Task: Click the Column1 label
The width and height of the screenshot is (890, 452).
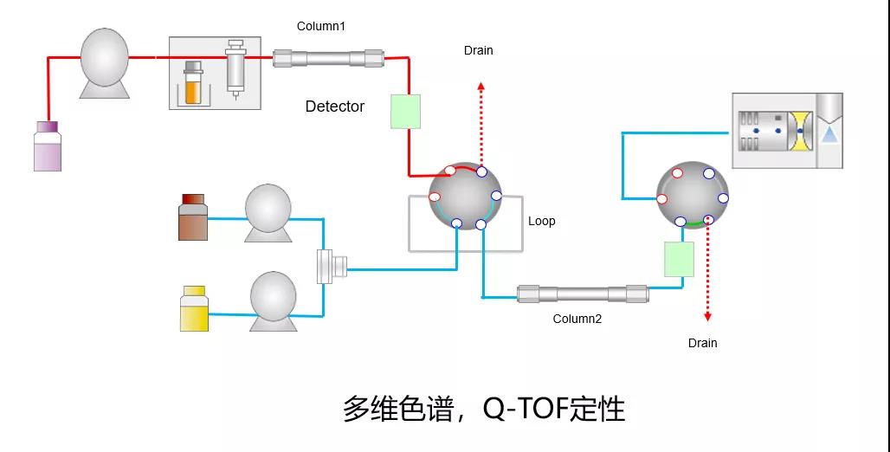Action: [x=321, y=26]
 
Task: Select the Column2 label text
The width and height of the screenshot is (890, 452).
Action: [x=577, y=319]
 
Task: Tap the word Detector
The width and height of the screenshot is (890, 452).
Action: [x=335, y=107]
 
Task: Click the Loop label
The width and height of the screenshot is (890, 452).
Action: [x=542, y=221]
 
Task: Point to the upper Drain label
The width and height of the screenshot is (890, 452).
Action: [x=478, y=50]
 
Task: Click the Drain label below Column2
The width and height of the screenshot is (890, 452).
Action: [x=702, y=343]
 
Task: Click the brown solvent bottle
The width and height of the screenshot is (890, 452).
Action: [x=193, y=217]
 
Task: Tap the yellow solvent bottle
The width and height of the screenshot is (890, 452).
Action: [x=194, y=309]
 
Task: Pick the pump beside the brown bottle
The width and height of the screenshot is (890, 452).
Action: [x=268, y=211]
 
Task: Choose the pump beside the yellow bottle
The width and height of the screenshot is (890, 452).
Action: [x=274, y=300]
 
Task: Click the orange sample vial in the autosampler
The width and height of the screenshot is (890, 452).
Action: [x=193, y=83]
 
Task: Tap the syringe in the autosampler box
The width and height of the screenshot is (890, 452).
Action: [x=235, y=69]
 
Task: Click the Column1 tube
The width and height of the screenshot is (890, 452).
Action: [x=329, y=58]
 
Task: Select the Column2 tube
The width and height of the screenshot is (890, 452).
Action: [x=583, y=294]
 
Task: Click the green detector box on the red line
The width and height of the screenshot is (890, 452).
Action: [x=405, y=112]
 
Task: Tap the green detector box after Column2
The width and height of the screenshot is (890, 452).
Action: [x=680, y=259]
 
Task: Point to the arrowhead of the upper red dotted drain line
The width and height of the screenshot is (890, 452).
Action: [x=481, y=86]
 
